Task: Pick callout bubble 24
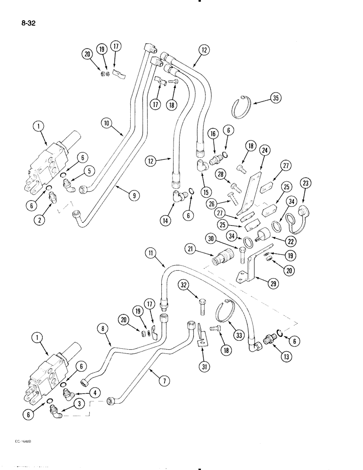click(x=264, y=151)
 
